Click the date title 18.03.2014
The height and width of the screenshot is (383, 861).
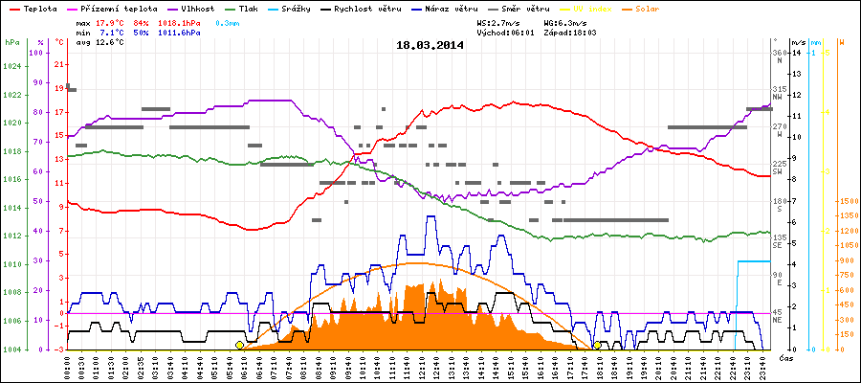pyautogui.click(x=430, y=44)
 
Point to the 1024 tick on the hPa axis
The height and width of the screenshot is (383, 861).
pyautogui.click(x=11, y=66)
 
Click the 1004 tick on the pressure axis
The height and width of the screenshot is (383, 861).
pyautogui.click(x=11, y=349)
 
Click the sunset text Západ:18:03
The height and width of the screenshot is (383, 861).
pyautogui.click(x=572, y=32)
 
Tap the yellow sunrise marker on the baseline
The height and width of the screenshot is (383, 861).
pyautogui.click(x=239, y=345)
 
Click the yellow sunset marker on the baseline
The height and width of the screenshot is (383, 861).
pyautogui.click(x=597, y=345)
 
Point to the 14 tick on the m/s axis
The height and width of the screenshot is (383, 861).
pyautogui.click(x=796, y=53)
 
